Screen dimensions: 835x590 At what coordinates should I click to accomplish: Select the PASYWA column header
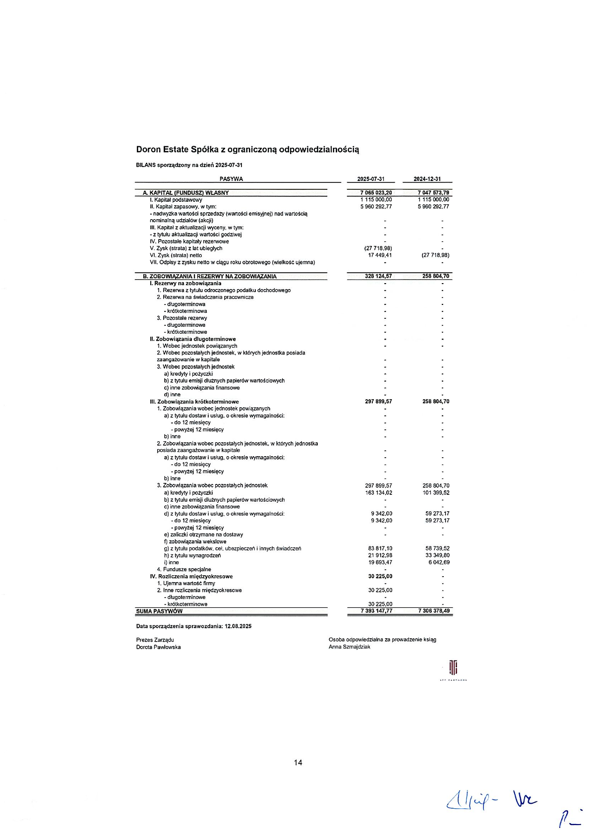(x=231, y=179)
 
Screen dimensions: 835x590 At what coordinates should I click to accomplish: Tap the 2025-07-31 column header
(x=371, y=179)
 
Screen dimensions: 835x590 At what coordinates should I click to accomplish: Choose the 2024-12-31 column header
(x=427, y=179)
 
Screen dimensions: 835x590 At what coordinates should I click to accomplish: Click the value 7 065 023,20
(x=376, y=193)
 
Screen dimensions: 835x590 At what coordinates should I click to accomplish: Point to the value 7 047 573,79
(x=433, y=193)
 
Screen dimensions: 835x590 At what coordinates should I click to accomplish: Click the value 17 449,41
(x=380, y=255)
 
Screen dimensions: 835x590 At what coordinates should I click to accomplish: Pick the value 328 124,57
(x=378, y=276)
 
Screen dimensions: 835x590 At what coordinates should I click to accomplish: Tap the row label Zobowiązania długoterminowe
(x=193, y=339)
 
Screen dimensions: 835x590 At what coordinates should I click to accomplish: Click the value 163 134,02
(x=378, y=493)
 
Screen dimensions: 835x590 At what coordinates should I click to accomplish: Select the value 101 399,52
(x=436, y=493)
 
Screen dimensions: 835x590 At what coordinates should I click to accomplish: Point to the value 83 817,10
(x=380, y=548)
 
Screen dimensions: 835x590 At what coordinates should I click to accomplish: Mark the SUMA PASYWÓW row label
(x=159, y=611)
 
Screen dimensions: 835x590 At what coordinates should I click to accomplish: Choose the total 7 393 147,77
(x=376, y=611)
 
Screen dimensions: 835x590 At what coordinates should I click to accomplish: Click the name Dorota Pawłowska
(x=158, y=647)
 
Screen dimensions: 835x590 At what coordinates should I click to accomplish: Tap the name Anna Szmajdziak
(x=349, y=647)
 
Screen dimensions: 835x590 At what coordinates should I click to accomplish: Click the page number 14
(x=298, y=763)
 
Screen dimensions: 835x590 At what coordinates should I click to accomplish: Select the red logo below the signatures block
(x=453, y=668)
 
